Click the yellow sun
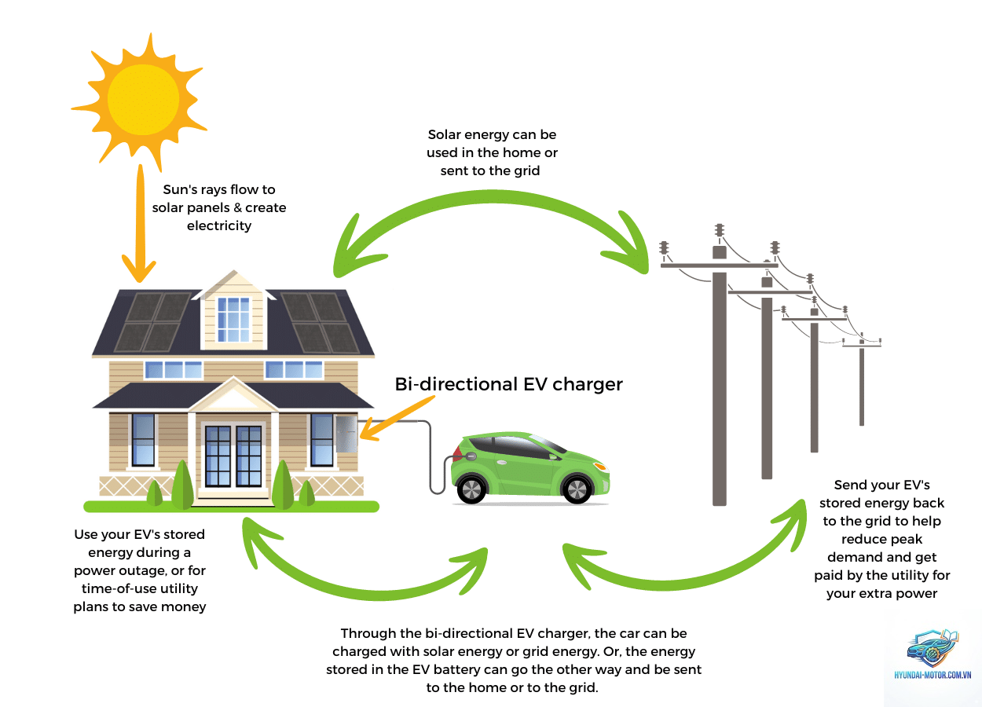click(x=142, y=100)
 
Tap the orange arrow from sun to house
click(x=141, y=224)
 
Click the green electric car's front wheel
click(x=577, y=489)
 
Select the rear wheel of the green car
click(x=471, y=489)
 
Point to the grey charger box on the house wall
click(x=346, y=434)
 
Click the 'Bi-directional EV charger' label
click(x=508, y=384)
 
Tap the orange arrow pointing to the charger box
click(x=397, y=418)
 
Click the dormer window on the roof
click(x=233, y=320)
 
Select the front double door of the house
click(x=233, y=456)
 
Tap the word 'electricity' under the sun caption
click(x=219, y=225)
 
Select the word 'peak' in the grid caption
click(x=907, y=539)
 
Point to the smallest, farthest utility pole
click(x=862, y=379)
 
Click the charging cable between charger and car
click(x=431, y=456)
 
